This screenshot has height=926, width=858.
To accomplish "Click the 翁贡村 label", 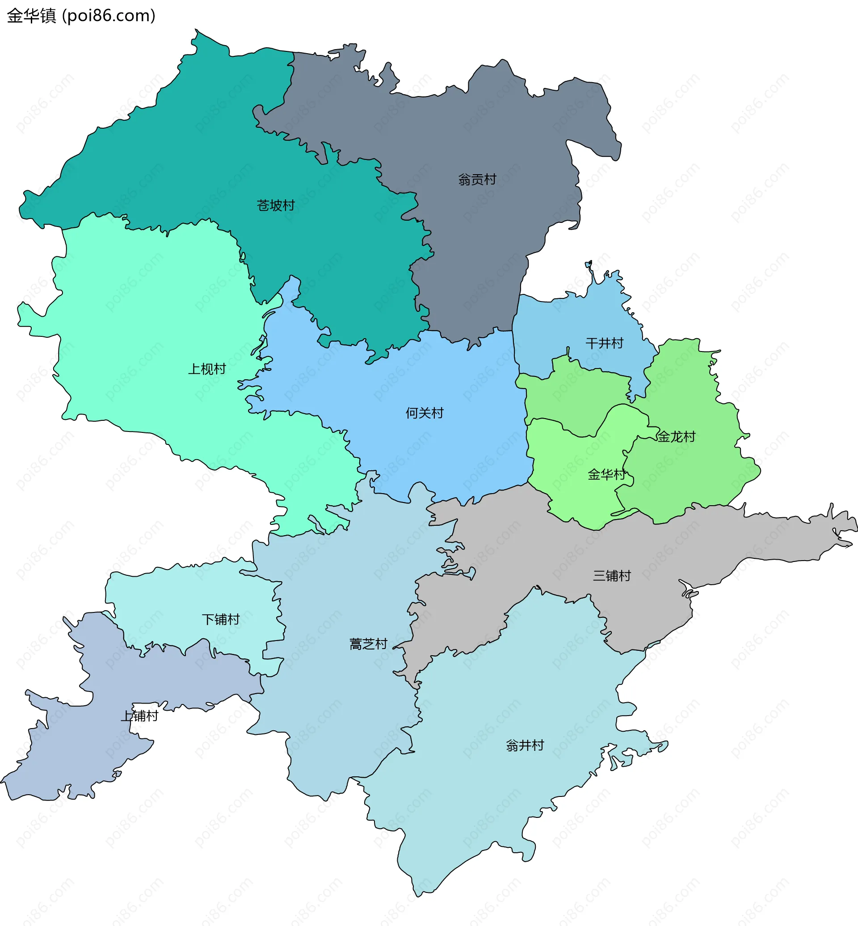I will [x=477, y=179].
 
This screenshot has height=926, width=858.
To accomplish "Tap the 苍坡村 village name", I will [x=276, y=205].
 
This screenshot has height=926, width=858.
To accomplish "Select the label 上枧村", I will [x=206, y=369].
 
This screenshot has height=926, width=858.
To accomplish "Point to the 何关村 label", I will [x=425, y=413].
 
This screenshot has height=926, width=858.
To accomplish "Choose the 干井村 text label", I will [x=604, y=344].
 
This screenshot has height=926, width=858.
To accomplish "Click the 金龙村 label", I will [x=676, y=437].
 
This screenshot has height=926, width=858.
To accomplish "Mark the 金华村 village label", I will [x=606, y=474].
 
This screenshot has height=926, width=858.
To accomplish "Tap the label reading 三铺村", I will [x=612, y=576].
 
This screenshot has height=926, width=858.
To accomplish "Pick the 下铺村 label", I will [x=221, y=619].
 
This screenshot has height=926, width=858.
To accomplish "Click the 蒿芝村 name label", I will [x=368, y=644].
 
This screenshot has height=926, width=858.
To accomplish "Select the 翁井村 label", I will [x=525, y=746].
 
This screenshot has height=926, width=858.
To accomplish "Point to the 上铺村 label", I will [x=139, y=716].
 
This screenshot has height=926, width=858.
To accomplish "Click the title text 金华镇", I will [x=32, y=16].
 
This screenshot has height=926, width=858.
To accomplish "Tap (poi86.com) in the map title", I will [x=109, y=16].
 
